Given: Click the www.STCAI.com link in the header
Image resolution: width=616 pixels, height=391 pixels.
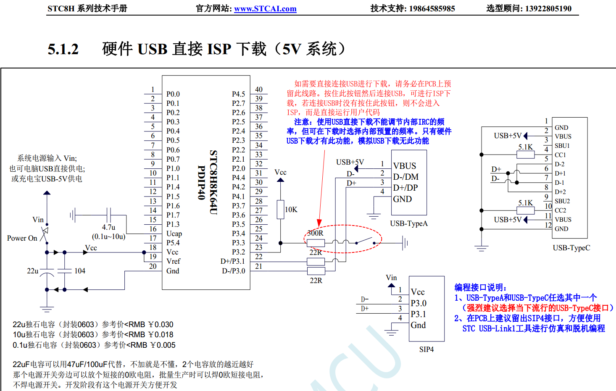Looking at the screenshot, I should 265,9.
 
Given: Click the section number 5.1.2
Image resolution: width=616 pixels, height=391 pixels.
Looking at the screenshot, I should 63,49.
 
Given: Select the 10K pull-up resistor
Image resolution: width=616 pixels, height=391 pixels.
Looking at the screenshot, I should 281,210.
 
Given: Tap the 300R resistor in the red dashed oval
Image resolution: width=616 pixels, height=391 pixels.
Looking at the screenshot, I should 316,243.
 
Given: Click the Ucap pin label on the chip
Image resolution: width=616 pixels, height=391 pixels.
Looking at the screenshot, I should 174,234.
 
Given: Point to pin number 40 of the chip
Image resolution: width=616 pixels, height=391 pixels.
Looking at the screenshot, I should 259,89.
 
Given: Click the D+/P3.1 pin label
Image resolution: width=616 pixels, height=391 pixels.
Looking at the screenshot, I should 232,261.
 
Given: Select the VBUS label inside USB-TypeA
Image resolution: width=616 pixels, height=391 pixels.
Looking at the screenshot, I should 405,166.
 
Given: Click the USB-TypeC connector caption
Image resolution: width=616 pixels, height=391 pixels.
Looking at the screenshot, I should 571,248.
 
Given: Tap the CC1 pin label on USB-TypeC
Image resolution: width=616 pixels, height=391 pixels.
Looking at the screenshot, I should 560,155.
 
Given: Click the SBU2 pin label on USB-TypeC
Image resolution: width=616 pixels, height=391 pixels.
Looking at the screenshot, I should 562,201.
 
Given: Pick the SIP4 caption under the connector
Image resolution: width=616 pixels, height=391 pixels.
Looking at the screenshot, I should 426,349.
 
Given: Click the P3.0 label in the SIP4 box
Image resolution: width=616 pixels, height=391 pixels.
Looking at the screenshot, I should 419,303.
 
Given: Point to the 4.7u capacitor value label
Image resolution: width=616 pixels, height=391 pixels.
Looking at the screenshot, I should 108,227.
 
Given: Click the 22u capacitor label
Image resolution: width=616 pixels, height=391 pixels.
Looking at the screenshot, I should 32,271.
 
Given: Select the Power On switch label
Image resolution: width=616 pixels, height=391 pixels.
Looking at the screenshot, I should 22,238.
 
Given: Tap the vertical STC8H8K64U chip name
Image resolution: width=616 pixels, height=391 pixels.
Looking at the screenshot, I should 213,182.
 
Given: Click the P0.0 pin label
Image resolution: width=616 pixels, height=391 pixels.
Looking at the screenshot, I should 173,94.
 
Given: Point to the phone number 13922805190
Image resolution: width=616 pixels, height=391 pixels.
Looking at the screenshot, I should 549,8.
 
